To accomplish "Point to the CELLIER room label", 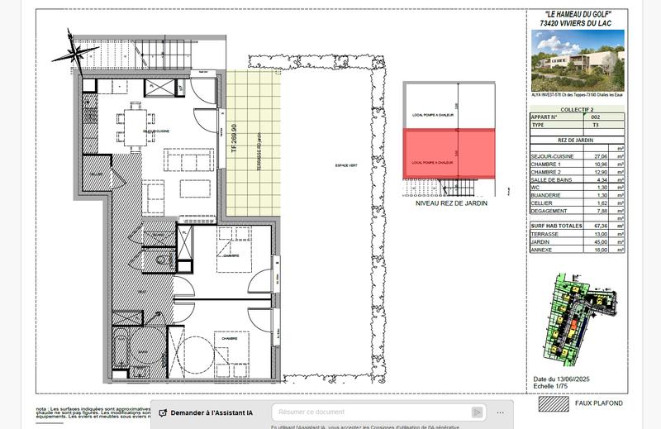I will tap(97, 174).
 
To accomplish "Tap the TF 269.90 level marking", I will tap(234, 140).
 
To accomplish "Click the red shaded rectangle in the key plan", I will tap(448, 153).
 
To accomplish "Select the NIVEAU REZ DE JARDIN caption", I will tap(451, 203).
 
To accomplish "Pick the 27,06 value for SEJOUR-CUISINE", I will tap(590, 155).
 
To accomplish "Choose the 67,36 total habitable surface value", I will tap(590, 226).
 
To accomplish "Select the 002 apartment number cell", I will tap(590, 117).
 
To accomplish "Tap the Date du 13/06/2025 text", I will tap(564, 379).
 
